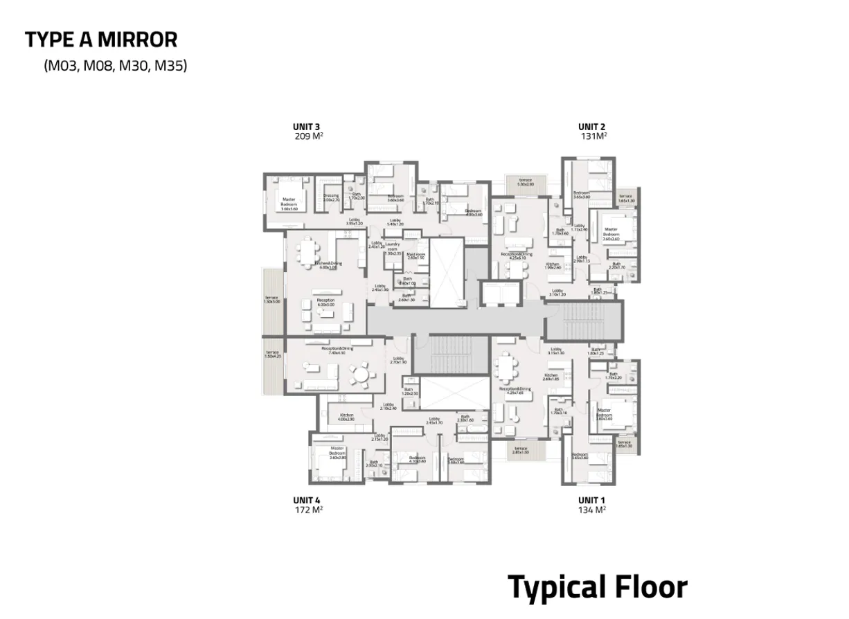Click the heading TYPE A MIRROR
pos(101,39)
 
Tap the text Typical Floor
pos(598,587)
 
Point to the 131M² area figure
pos(593,136)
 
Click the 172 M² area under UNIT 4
pos(307,510)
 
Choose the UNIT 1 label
pos(592,500)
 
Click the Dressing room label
pos(331,197)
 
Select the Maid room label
pos(415,255)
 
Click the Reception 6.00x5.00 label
pos(325,303)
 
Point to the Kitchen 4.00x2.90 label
pos(346,417)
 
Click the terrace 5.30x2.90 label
pos(526,182)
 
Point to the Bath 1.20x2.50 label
pos(409,391)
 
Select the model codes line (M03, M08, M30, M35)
pos(116,66)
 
